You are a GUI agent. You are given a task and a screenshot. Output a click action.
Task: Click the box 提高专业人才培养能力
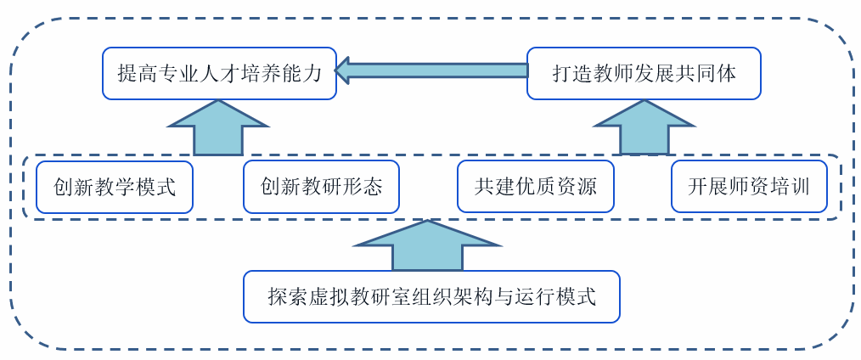tap(219, 73)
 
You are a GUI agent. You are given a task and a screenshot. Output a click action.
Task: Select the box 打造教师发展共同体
tap(644, 73)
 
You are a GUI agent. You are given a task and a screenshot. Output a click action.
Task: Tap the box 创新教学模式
tap(115, 187)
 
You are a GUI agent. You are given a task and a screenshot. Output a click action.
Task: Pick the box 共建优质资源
tap(535, 187)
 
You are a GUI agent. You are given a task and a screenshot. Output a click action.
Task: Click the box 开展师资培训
tap(749, 187)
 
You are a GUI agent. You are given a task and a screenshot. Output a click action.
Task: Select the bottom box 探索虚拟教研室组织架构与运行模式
tap(431, 296)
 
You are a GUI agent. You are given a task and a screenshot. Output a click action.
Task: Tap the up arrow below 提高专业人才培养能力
tap(218, 128)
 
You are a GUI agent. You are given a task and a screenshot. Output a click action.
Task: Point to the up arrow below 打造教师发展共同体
tap(644, 128)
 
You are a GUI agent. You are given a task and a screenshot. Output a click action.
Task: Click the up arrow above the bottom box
tap(429, 246)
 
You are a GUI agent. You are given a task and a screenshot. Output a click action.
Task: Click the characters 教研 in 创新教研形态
tap(321, 187)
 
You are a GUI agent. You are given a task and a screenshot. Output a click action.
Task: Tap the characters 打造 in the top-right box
tap(571, 74)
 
